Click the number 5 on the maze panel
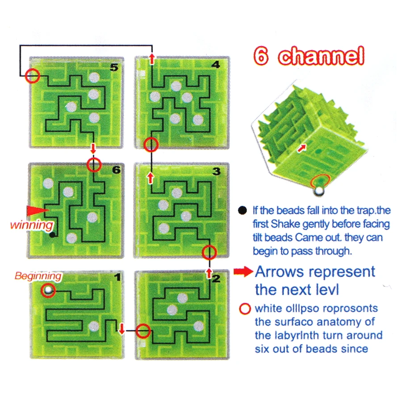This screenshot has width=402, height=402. pos(114,67)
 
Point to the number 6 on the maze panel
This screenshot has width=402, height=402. pos(117,170)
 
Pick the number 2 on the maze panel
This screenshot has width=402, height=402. pos(216,280)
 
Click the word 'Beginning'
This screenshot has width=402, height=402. pos(38,276)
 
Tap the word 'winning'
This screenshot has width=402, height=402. pos(32,224)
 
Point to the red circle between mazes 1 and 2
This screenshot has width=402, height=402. pos(143,331)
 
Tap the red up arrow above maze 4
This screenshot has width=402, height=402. pos(152,59)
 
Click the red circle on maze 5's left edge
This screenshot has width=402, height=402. pos(32,76)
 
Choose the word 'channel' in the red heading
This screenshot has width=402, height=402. pos(320,57)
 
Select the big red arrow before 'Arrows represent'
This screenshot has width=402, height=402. pos(243,272)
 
